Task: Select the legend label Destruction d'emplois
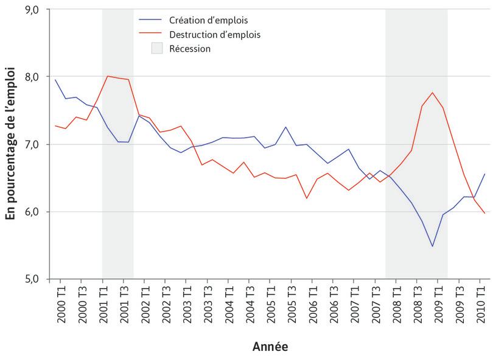pyautogui.click(x=215, y=35)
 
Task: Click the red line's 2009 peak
pyautogui.click(x=432, y=93)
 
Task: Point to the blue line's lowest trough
pyautogui.click(x=432, y=247)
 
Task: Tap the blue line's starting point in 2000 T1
pyautogui.click(x=55, y=80)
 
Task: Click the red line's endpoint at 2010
pyautogui.click(x=485, y=213)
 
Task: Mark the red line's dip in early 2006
pyautogui.click(x=306, y=199)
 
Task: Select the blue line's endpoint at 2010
pyautogui.click(x=485, y=174)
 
